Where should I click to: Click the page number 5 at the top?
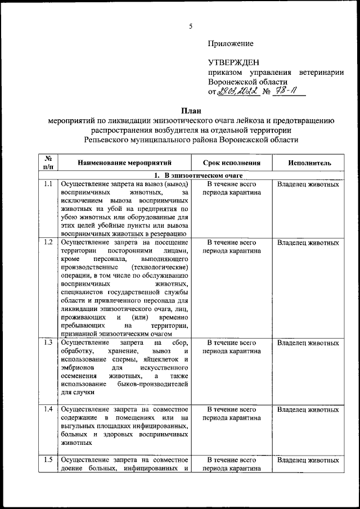[x=191, y=26]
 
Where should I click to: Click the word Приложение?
[x=231, y=43]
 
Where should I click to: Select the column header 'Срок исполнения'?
[x=232, y=163]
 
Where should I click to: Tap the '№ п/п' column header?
[x=48, y=163]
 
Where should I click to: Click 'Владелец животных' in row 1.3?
[x=308, y=343]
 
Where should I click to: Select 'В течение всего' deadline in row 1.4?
[x=232, y=409]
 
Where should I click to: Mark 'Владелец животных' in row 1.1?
[x=308, y=184]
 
